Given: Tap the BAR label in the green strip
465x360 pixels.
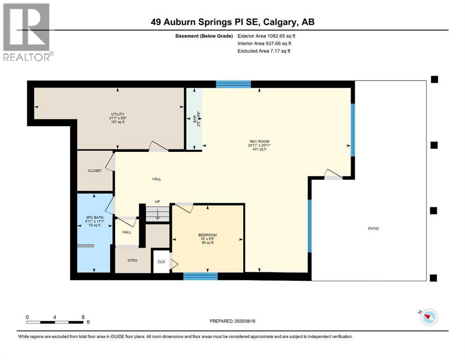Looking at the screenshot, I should (195, 120).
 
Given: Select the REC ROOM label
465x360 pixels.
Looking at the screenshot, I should (259, 141).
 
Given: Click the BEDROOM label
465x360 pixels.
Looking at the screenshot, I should (207, 235).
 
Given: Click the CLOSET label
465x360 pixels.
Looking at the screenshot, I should (95, 171).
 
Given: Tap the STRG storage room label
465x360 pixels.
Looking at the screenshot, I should (132, 260).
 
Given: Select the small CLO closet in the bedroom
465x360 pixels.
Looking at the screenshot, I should (161, 262).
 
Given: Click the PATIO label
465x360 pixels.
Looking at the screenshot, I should (373, 228).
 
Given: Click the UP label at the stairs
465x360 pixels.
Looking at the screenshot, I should (158, 202).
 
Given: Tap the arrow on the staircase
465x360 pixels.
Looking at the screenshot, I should (158, 215).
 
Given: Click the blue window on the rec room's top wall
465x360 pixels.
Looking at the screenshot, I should (233, 84).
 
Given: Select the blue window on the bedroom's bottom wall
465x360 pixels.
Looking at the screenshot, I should (200, 277).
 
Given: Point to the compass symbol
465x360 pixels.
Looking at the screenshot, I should (428, 317).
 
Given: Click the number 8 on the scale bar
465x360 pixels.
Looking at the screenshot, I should (83, 317).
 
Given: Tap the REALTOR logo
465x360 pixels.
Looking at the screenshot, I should (27, 32).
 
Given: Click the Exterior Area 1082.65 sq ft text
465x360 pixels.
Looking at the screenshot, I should (266, 36).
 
